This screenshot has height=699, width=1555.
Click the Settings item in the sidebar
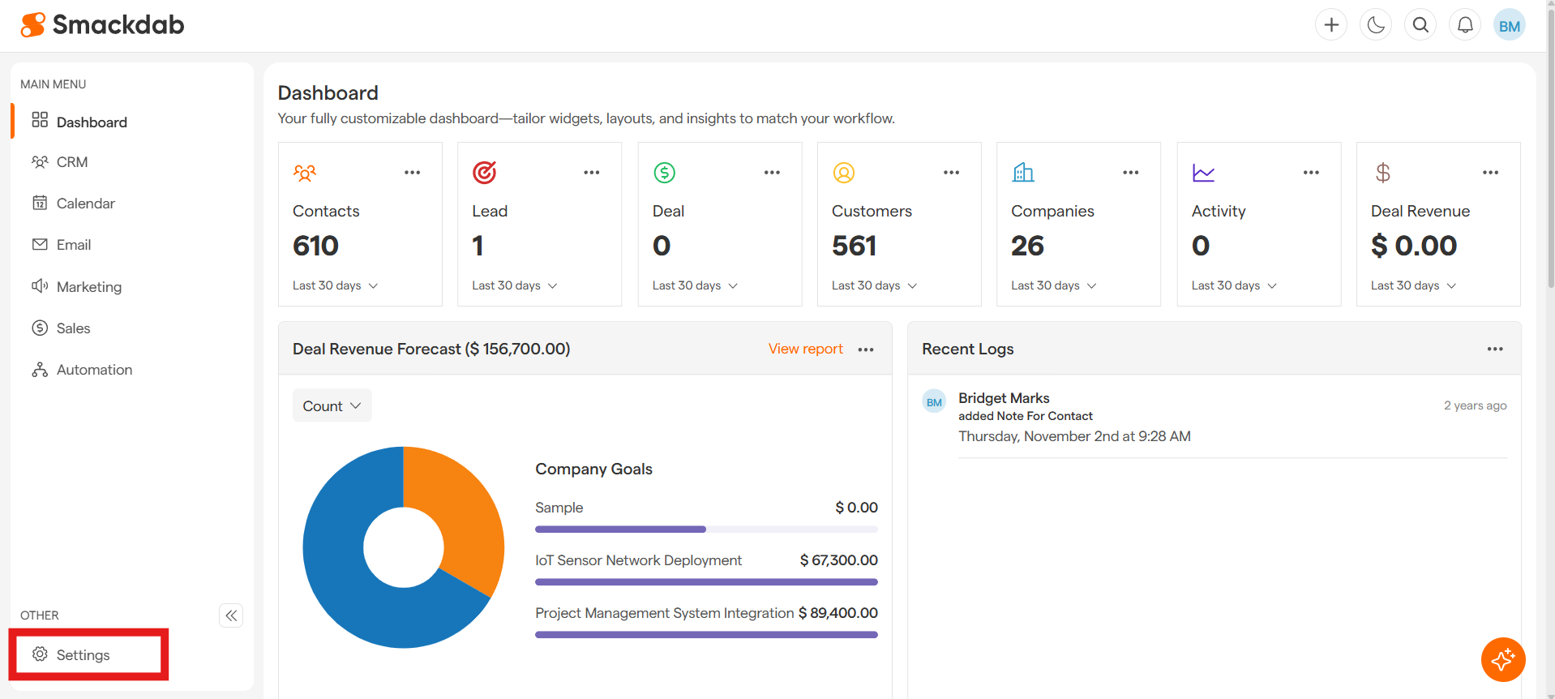(x=83, y=655)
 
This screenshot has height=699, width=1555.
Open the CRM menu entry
(x=72, y=162)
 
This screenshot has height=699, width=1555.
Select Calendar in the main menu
(x=85, y=204)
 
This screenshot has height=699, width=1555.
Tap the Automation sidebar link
(x=94, y=370)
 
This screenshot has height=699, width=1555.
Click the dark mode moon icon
(x=1376, y=25)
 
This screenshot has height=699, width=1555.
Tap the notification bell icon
(x=1465, y=25)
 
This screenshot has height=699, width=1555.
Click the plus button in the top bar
(x=1331, y=25)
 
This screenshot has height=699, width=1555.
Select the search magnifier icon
(x=1420, y=25)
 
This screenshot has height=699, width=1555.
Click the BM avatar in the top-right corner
(x=1509, y=25)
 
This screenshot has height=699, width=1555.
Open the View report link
(x=805, y=349)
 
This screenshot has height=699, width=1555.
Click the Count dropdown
(x=332, y=405)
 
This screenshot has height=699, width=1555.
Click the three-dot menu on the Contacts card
(x=412, y=173)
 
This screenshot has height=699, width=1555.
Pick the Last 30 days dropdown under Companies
(x=1053, y=285)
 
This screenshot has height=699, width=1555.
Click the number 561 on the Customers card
(x=854, y=246)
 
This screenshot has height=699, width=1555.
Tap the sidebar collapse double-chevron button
(x=231, y=615)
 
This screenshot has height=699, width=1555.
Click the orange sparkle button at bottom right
(x=1502, y=659)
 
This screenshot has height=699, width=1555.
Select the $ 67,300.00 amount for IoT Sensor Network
(x=838, y=560)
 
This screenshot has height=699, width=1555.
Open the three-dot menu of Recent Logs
(x=1494, y=349)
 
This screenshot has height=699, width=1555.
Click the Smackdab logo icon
(x=33, y=25)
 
